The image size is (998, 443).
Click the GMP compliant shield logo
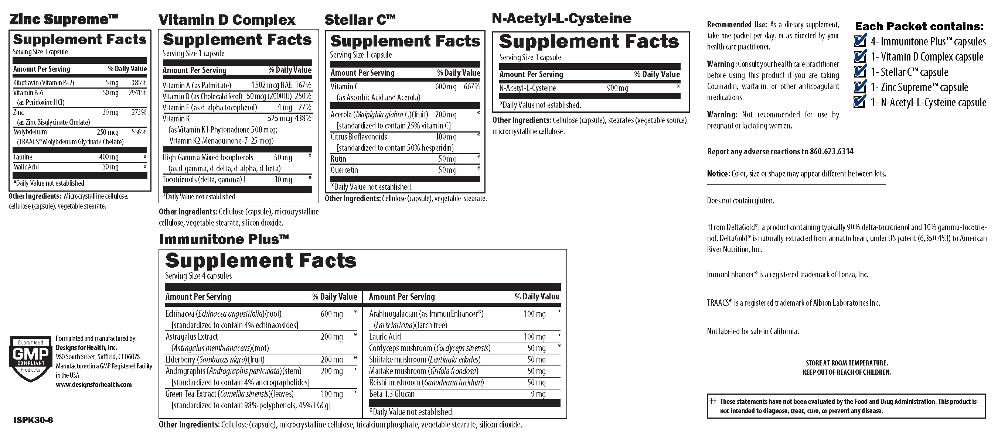(x=30, y=358)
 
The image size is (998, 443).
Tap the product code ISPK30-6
(x=33, y=420)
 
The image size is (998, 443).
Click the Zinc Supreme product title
(x=64, y=19)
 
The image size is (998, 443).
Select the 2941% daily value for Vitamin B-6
(x=137, y=93)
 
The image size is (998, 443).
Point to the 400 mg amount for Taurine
(x=109, y=157)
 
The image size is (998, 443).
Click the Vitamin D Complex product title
(x=227, y=20)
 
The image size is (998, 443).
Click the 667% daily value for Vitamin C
(x=472, y=87)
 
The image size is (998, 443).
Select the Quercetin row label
(x=344, y=170)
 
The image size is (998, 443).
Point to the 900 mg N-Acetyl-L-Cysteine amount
(x=617, y=88)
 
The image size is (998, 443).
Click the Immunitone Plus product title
(x=224, y=239)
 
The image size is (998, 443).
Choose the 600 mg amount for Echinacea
(x=332, y=314)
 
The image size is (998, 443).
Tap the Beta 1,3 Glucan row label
(x=392, y=394)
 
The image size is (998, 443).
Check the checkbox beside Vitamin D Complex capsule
(x=860, y=56)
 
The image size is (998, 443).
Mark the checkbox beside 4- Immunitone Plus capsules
(x=860, y=41)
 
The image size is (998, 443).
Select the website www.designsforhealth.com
(x=94, y=385)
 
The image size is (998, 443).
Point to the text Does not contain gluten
(x=740, y=200)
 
